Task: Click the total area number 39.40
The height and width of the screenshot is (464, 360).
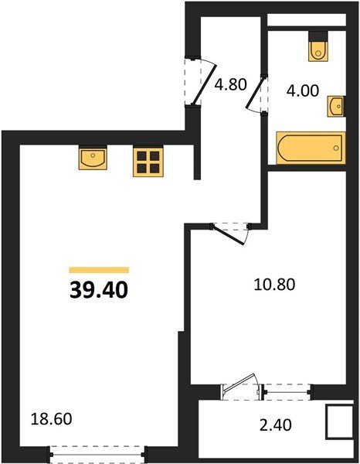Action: [x=99, y=290]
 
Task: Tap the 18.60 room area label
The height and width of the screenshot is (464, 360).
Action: [x=52, y=419]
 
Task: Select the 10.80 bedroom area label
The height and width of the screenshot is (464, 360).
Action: [x=274, y=285]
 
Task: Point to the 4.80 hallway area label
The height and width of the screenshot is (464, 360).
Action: [x=230, y=84]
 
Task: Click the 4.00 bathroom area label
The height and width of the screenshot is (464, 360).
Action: [x=303, y=90]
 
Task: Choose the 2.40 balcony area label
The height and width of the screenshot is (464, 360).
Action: [x=276, y=425]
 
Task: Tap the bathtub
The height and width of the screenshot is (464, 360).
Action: [x=311, y=148]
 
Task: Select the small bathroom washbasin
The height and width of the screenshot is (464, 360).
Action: [x=336, y=106]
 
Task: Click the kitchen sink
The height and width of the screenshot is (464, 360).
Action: [x=93, y=158]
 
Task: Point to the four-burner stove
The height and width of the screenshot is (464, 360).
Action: [x=148, y=162]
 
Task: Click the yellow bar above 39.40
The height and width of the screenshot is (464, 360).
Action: [x=99, y=270]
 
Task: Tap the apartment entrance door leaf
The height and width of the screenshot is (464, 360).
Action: [x=204, y=85]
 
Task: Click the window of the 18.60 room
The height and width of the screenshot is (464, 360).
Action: [x=97, y=454]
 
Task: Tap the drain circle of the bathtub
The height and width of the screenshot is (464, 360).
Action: [x=336, y=148]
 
